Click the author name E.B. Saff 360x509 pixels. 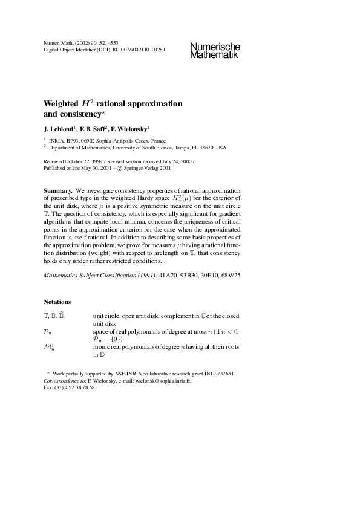93,129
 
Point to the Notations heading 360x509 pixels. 57,302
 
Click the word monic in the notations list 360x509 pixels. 101,348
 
